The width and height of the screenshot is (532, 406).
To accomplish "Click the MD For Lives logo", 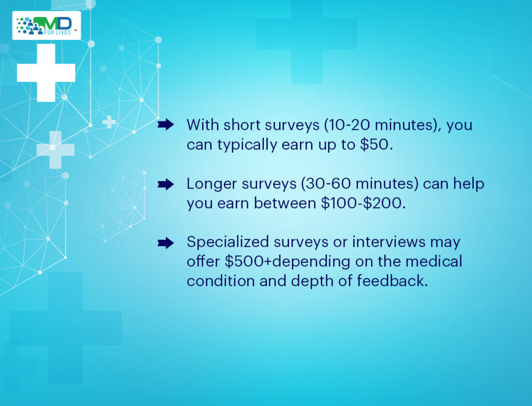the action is coord(46,25).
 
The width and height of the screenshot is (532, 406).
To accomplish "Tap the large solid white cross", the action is coord(46,73).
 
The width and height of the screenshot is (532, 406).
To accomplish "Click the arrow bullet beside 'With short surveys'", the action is coord(166,125).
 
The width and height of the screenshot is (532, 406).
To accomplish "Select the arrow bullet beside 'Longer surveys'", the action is coord(166,184).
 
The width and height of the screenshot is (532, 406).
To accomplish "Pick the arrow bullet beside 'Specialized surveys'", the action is coord(166,243).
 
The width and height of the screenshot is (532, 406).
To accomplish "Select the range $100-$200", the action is coord(362,203).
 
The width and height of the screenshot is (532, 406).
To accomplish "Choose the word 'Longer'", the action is coord(212,184).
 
